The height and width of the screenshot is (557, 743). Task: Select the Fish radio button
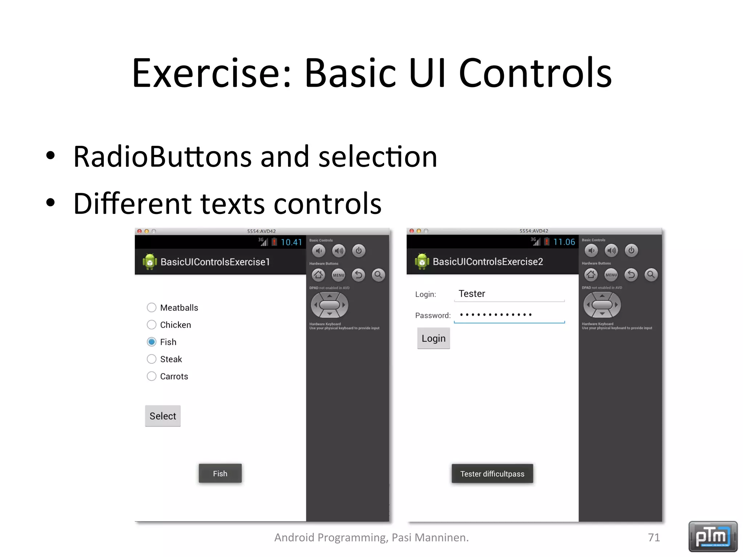click(x=152, y=342)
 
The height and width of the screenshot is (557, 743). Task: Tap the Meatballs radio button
click(x=152, y=308)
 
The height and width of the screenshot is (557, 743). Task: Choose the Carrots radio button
click(x=152, y=376)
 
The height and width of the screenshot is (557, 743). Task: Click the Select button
click(x=163, y=416)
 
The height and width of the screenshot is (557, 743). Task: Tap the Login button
click(x=434, y=338)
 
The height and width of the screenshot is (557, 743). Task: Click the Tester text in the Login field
click(x=472, y=294)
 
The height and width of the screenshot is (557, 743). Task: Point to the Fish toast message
click(x=220, y=474)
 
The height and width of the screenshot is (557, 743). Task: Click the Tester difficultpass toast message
click(x=492, y=474)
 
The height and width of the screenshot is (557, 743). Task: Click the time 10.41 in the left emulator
click(x=291, y=242)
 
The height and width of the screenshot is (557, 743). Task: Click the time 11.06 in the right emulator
click(x=564, y=242)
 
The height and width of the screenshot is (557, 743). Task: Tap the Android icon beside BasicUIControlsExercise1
click(x=149, y=262)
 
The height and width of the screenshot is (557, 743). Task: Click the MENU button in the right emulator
click(x=611, y=275)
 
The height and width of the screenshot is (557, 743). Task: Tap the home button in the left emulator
click(x=319, y=275)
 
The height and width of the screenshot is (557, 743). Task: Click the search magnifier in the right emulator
click(x=651, y=275)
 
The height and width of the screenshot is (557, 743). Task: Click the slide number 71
click(x=654, y=537)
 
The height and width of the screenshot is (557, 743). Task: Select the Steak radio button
click(x=152, y=359)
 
